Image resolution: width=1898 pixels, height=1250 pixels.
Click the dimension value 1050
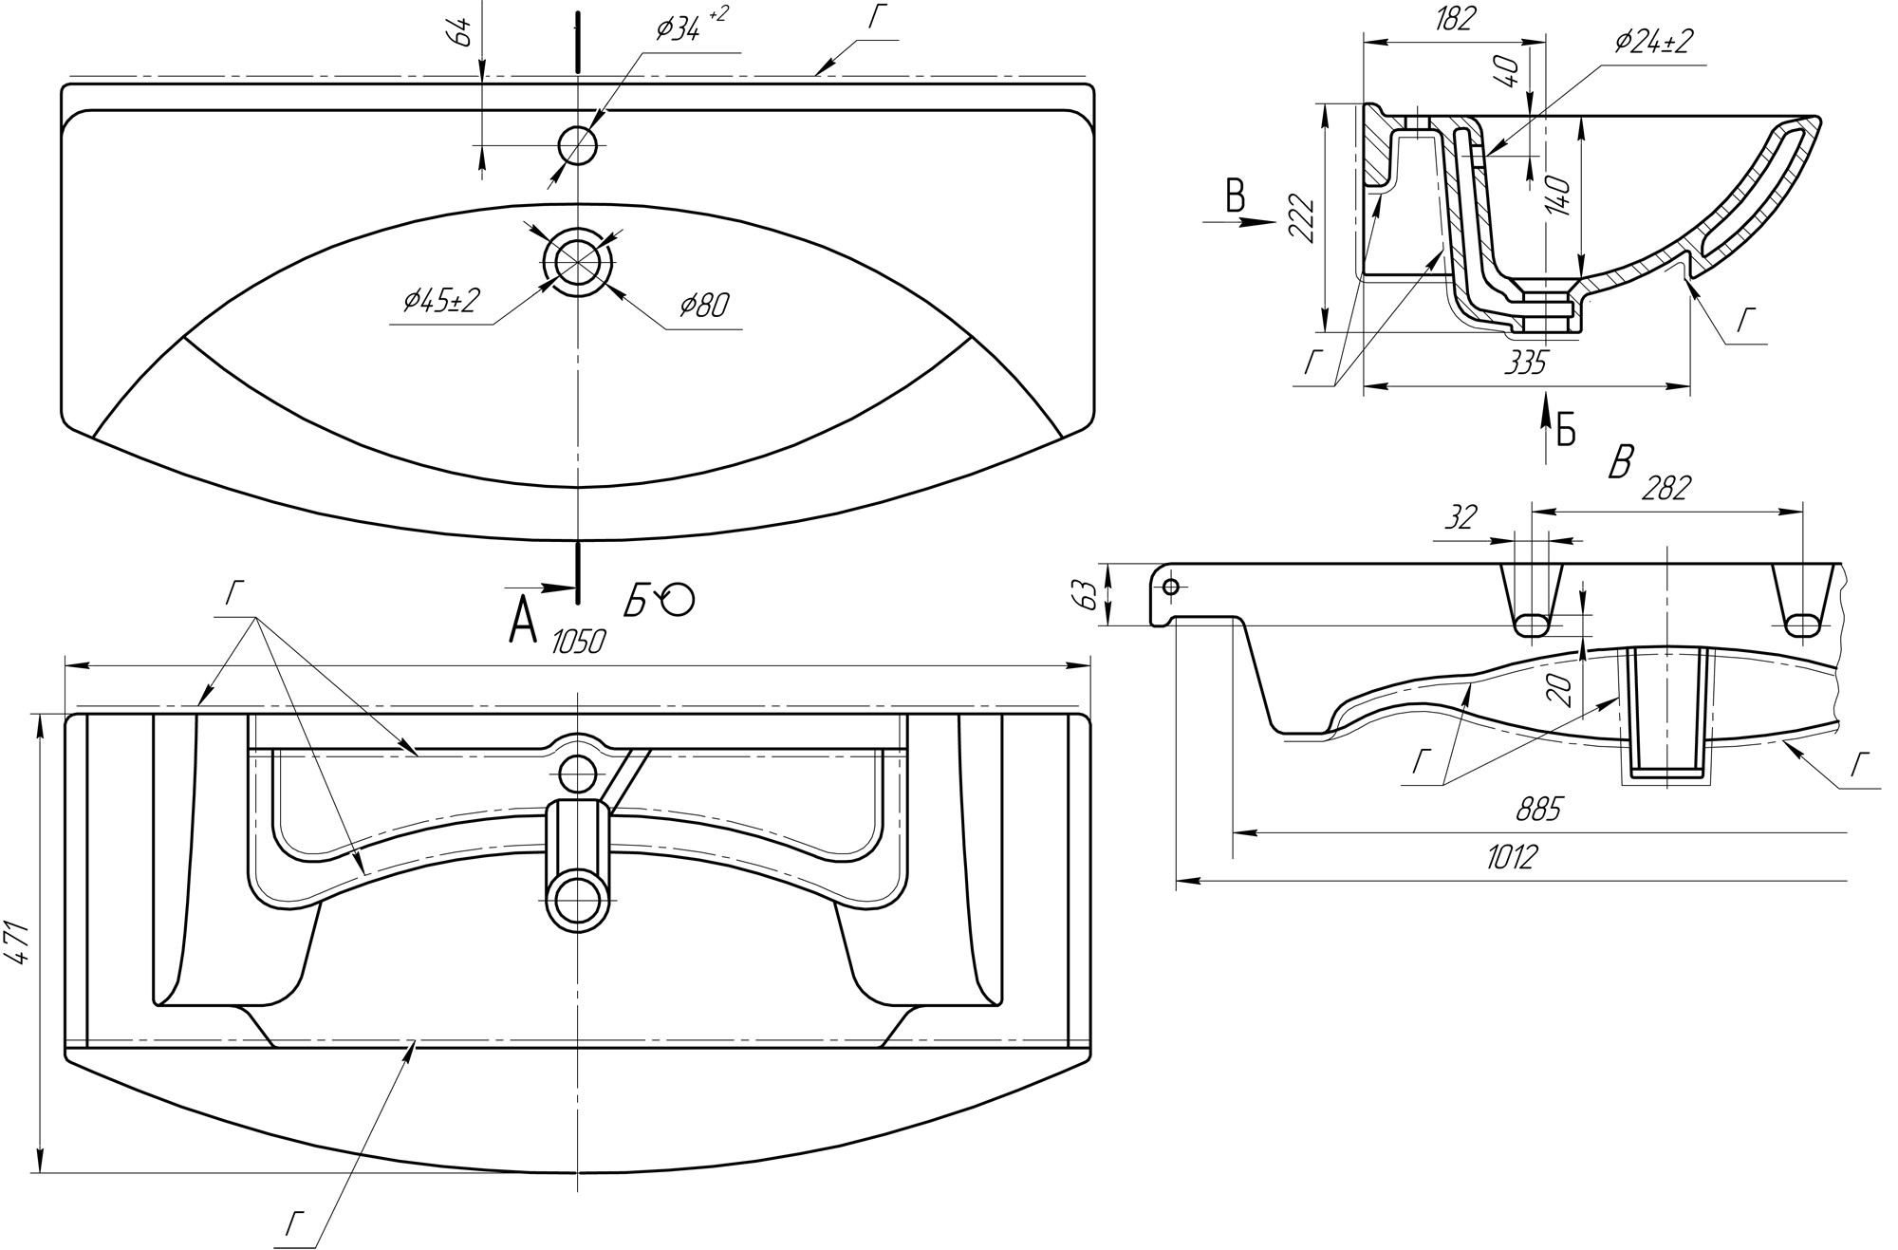pos(578,643)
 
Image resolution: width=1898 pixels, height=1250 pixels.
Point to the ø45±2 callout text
pos(441,301)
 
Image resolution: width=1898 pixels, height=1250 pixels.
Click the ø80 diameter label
pos(703,305)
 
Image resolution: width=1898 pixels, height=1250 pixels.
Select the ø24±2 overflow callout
pos(1652,41)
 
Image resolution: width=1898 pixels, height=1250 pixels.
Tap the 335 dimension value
pos(1525,362)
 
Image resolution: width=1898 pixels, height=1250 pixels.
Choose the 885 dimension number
pos(1538,809)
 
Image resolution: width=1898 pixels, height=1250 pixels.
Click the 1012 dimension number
pos(1511,857)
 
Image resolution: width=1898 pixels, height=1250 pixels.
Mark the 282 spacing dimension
pos(1666,488)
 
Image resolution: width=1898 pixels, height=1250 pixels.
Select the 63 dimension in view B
pos(1089,594)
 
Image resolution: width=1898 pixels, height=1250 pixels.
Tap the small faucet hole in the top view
pos(577,145)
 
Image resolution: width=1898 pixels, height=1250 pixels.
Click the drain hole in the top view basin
pos(577,260)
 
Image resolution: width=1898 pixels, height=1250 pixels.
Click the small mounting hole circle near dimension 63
pos(1170,587)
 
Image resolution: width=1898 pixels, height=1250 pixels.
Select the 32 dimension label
pos(1461,517)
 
